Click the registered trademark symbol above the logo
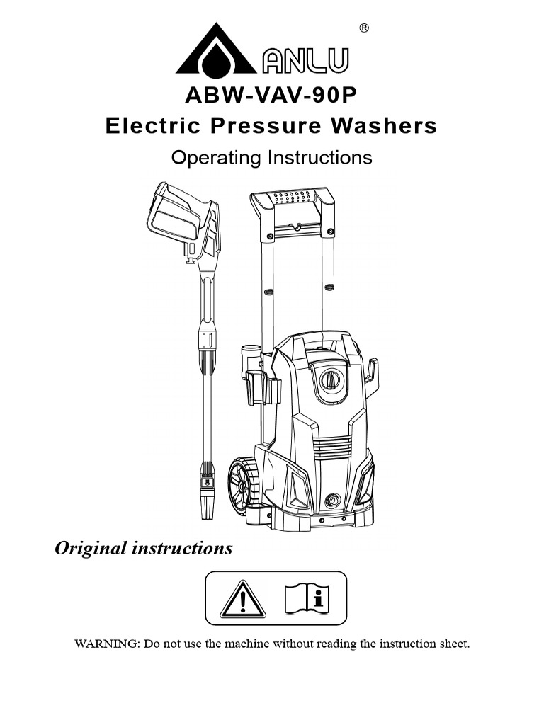364,28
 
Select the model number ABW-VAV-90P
271,96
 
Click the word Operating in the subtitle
217,157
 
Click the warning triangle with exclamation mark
242,599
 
